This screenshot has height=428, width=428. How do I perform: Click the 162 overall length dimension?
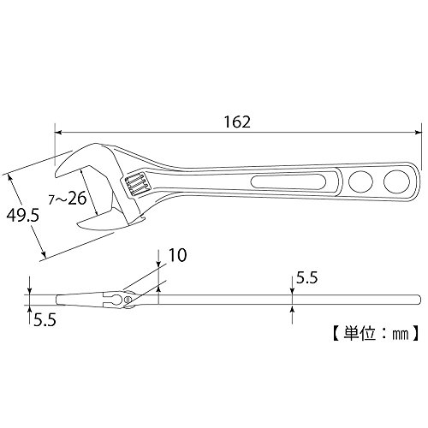pyautogui.click(x=237, y=122)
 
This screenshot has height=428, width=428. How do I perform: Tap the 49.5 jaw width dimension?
pyautogui.click(x=22, y=215)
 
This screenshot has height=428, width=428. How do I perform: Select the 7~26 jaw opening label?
pyautogui.click(x=68, y=198)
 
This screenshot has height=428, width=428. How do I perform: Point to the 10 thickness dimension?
pyautogui.click(x=177, y=255)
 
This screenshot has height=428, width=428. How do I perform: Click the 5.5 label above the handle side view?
pyautogui.click(x=306, y=277)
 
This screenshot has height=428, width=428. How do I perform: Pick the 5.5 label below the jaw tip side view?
pyautogui.click(x=45, y=320)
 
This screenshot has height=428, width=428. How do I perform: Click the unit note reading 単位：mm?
pyautogui.click(x=376, y=333)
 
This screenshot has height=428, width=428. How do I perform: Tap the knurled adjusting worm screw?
pyautogui.click(x=135, y=184)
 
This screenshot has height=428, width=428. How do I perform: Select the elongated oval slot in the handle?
pyautogui.click(x=288, y=181)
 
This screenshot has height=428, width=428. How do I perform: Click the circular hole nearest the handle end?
pyautogui.click(x=396, y=181)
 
